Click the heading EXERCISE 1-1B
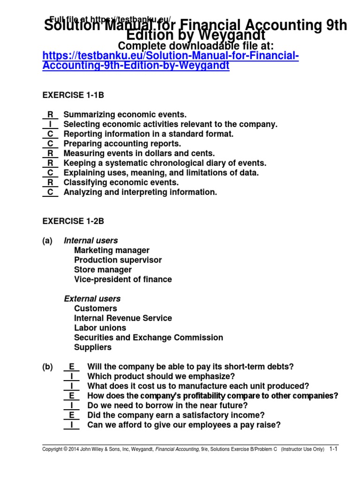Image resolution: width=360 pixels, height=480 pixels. [73, 95]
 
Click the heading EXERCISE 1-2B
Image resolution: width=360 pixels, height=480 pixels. [73, 221]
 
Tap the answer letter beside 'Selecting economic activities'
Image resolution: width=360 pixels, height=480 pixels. [50, 124]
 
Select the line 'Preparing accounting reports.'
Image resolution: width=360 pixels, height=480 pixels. [122, 143]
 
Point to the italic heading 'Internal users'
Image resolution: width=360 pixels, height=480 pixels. [90, 240]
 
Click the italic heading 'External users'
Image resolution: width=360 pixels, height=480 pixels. [92, 299]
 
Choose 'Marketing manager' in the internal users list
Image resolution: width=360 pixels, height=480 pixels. [112, 250]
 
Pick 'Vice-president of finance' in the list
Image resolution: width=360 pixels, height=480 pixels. [123, 279]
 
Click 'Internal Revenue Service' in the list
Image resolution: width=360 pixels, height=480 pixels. [123, 318]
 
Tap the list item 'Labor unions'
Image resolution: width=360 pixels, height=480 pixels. [100, 328]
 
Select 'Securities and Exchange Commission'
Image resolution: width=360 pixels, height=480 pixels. [148, 337]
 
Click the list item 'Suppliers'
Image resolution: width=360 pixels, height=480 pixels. [93, 347]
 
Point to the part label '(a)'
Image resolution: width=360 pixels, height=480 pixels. [47, 240]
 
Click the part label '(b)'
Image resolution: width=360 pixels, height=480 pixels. [47, 367]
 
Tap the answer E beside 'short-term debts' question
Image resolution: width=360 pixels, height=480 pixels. [71, 367]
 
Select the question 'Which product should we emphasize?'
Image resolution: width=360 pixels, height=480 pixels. [161, 376]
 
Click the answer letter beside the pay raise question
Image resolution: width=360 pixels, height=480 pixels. [71, 425]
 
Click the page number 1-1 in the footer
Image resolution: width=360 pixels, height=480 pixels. [333, 449]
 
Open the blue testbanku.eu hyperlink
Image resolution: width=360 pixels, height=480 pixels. [170, 61]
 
